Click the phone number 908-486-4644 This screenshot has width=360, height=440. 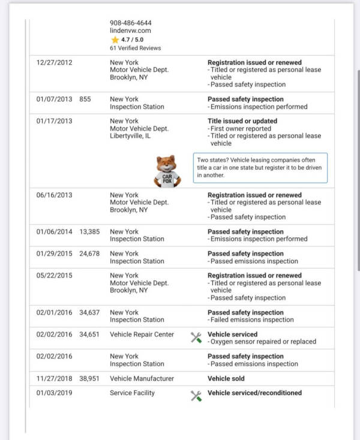(x=130, y=23)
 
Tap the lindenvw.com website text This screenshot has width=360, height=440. (x=130, y=31)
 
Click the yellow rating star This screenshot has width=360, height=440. (x=115, y=39)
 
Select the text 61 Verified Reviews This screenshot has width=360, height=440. (x=135, y=48)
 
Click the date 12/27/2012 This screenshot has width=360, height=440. (x=54, y=62)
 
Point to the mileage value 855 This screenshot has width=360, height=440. (x=85, y=99)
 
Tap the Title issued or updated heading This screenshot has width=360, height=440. (x=242, y=121)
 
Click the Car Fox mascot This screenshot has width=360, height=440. (x=167, y=171)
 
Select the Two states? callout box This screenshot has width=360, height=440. (x=260, y=168)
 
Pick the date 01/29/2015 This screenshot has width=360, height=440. (x=54, y=254)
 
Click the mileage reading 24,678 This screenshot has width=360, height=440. (x=91, y=254)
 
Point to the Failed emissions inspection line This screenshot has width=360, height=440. (x=253, y=320)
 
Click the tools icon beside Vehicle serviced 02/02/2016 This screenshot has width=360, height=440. (x=196, y=338)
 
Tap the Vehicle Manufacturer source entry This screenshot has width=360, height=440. (x=142, y=378)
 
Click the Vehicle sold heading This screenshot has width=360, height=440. (x=226, y=378)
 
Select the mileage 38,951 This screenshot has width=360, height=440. (x=91, y=378)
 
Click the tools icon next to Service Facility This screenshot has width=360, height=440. (x=196, y=396)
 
